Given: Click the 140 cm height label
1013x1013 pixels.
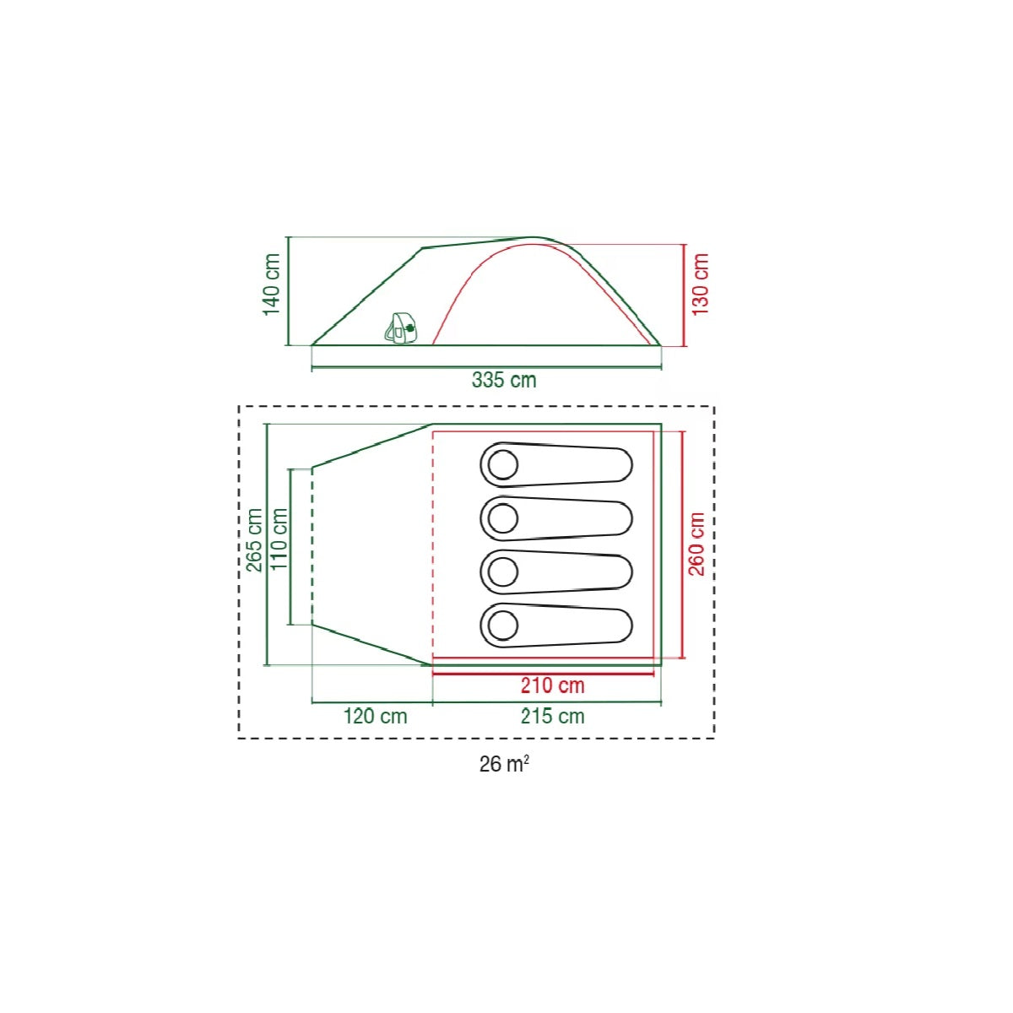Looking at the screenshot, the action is coord(271,284).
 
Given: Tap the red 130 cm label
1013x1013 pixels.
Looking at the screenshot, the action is coord(700,284).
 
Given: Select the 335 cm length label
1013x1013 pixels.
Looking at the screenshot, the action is coord(504,380).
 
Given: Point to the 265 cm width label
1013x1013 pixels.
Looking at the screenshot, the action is coord(254,540).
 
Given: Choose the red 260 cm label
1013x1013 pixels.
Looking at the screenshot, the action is coord(696,544).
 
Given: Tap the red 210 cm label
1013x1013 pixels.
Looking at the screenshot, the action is coord(552,685).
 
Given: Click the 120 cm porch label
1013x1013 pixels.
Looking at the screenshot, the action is coord(376,717).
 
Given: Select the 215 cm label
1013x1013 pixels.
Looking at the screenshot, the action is coord(552,717).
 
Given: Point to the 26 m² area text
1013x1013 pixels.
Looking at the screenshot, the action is coord(504,764).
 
